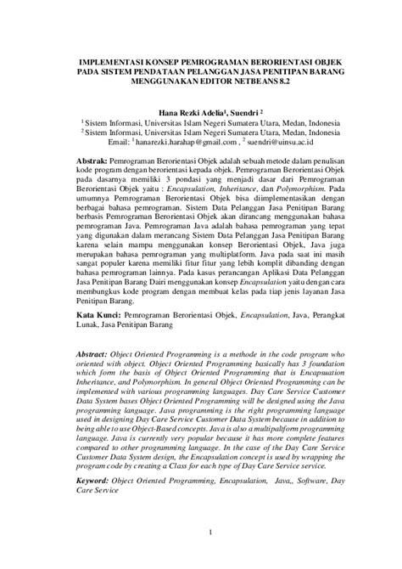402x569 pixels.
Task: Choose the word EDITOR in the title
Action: point(215,85)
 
